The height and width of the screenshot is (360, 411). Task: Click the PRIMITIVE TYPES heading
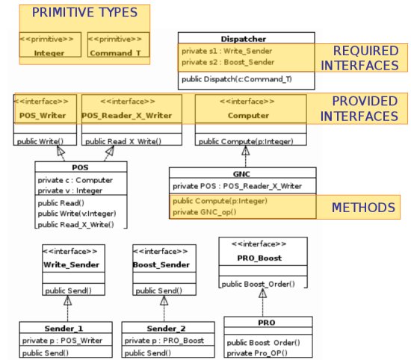[x=84, y=12]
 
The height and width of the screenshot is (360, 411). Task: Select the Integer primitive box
[x=50, y=45]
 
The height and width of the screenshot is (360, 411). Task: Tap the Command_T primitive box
[x=118, y=45]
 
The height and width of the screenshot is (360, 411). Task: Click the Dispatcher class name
[x=244, y=39]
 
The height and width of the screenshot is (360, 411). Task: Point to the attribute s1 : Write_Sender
[x=226, y=51]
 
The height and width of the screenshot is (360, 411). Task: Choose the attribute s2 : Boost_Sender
[x=228, y=62]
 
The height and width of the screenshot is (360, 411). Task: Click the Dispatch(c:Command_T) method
[x=237, y=79]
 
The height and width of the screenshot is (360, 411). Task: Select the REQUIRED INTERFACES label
[x=359, y=58]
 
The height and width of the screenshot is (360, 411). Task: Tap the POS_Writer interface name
[x=43, y=116]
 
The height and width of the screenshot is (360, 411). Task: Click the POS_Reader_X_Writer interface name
[x=126, y=116]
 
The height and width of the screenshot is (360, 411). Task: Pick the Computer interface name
[x=248, y=116]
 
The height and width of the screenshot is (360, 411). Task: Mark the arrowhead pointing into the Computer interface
[x=246, y=150]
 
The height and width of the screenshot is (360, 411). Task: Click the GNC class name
[x=241, y=174]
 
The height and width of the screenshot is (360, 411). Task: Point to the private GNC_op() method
[x=205, y=212]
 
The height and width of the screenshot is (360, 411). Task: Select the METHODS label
[x=363, y=208]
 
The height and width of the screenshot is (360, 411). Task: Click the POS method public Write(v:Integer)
[x=77, y=214]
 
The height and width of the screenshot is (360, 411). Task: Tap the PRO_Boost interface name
[x=259, y=258]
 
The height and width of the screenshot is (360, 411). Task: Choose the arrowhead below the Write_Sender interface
[x=67, y=300]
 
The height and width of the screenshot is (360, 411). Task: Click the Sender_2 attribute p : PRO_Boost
[x=164, y=341]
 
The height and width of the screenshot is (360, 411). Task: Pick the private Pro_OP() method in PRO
[x=257, y=353]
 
